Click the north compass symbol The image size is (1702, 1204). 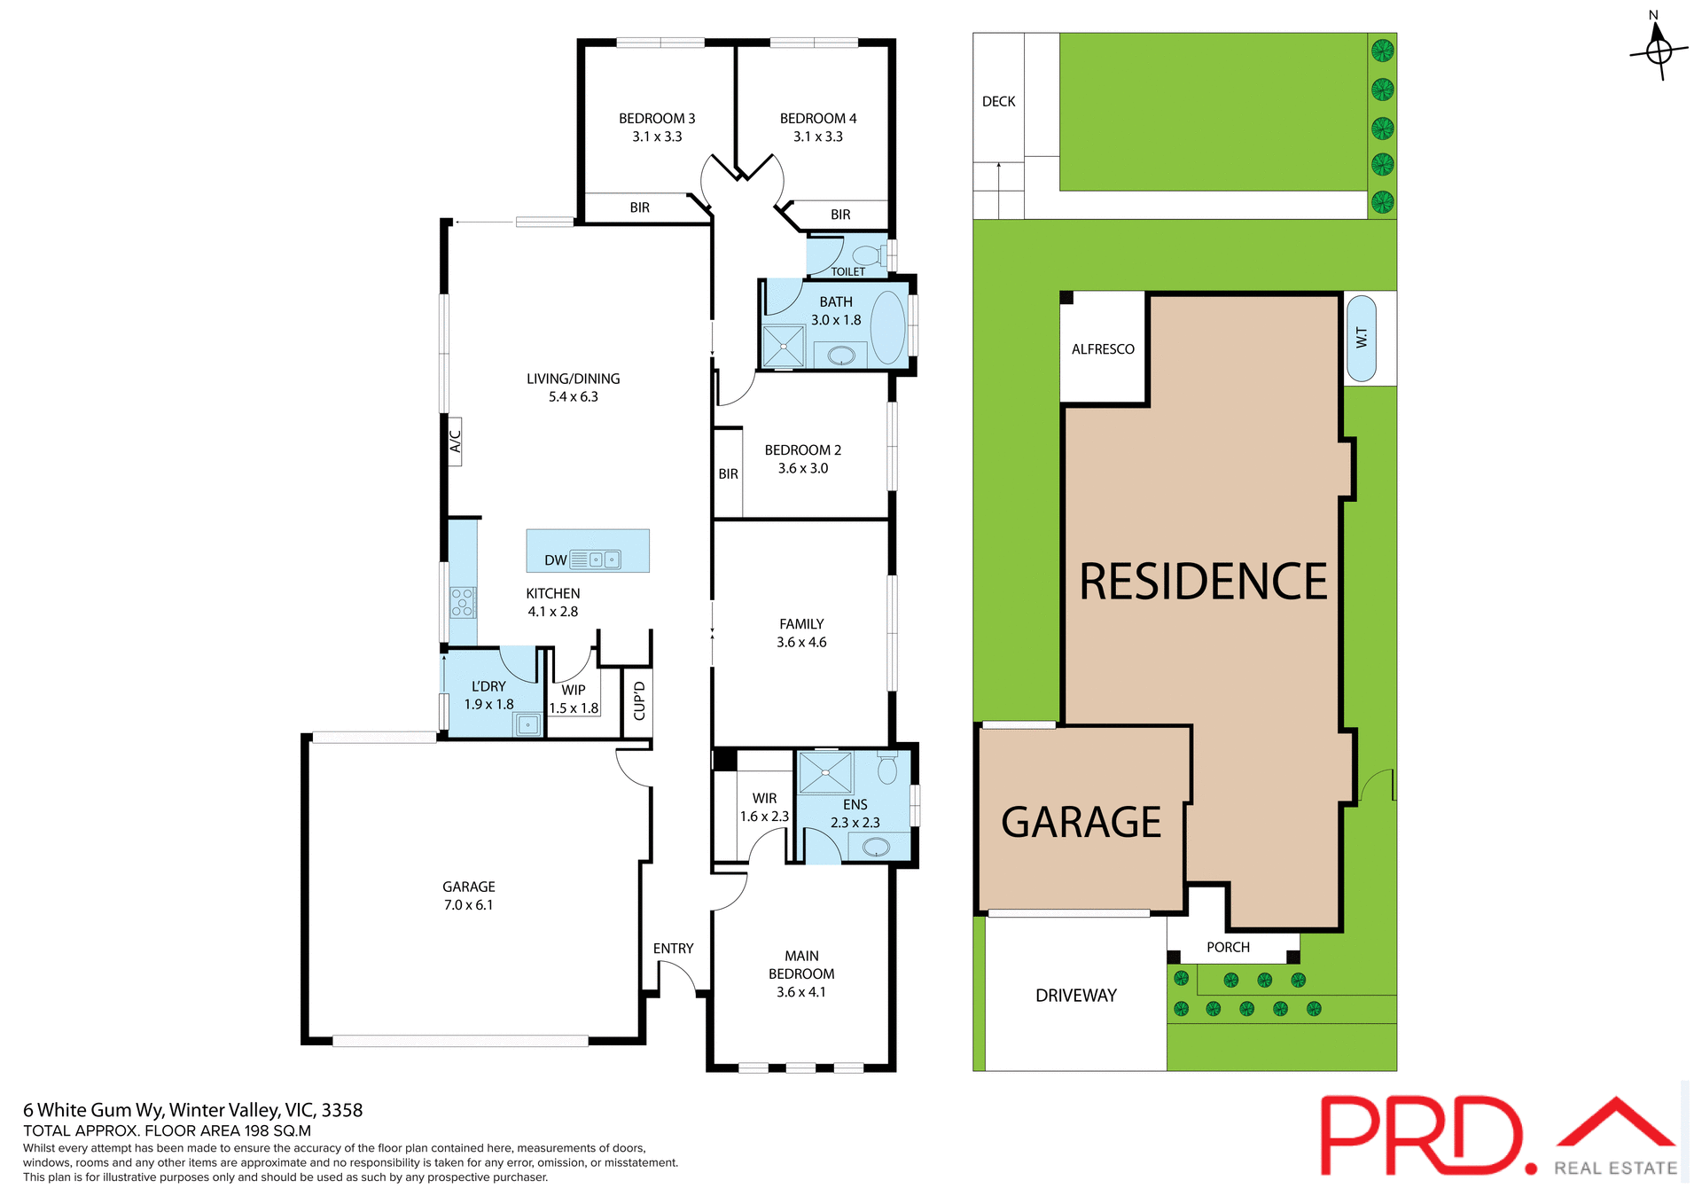1659,51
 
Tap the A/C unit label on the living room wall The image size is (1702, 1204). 455,441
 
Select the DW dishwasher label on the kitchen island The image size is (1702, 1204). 556,560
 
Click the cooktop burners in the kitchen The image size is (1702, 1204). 463,602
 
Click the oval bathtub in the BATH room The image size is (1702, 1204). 887,325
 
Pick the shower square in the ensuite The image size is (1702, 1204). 824,772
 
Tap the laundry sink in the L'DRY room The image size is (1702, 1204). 527,724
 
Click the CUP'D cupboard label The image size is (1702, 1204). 639,700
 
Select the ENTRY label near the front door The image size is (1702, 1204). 673,949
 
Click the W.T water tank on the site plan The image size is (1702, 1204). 1362,338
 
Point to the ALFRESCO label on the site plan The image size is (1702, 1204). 1103,349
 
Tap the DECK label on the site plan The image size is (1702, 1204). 998,102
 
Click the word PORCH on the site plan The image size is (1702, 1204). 1228,947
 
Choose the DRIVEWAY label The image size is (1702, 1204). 1076,996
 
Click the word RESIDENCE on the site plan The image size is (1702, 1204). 1203,582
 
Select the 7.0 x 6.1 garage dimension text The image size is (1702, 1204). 468,905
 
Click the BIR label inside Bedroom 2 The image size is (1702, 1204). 728,474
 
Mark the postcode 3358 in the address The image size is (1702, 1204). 342,1110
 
